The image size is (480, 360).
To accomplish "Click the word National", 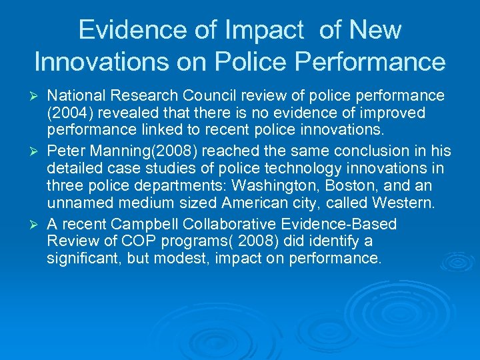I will (x=74, y=97).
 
